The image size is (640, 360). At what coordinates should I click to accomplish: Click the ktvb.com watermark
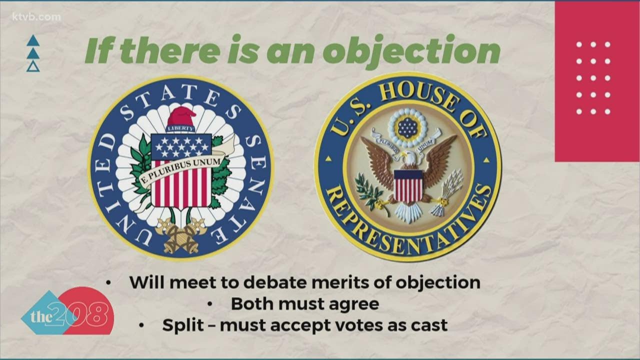(x=36, y=17)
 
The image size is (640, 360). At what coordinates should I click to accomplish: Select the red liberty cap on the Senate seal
(x=181, y=116)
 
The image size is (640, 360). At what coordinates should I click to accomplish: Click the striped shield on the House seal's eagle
(x=408, y=186)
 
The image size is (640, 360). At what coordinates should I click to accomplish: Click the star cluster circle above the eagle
(x=408, y=127)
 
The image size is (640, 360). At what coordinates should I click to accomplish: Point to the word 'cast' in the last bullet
(x=429, y=325)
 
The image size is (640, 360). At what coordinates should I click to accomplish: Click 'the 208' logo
(x=68, y=312)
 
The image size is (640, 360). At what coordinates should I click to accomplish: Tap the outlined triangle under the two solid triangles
(x=33, y=66)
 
